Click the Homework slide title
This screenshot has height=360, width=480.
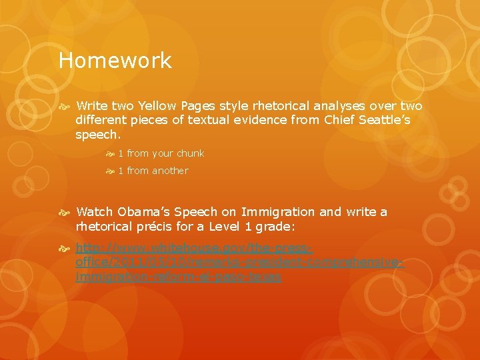[x=115, y=61]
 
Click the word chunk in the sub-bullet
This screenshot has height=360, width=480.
[x=191, y=153]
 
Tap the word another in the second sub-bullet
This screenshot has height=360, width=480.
[x=171, y=171]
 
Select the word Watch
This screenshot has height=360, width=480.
[x=95, y=212]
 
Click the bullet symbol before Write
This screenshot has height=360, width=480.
[x=67, y=107]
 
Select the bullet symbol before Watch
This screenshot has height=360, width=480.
[x=67, y=213]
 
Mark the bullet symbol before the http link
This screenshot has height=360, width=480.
[x=67, y=249]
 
